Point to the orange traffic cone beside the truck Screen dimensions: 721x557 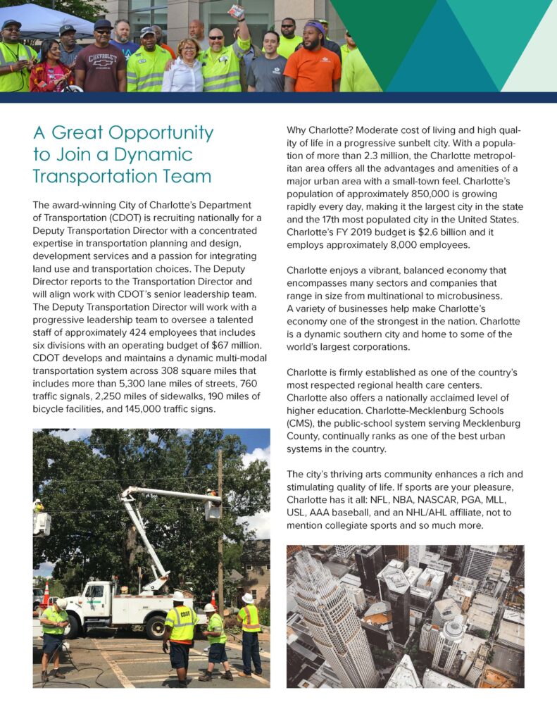46,595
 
